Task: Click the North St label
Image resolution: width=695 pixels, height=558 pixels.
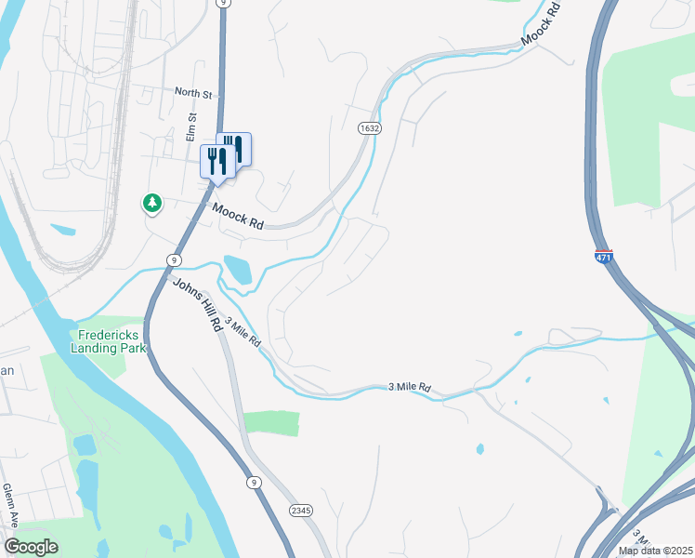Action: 194,93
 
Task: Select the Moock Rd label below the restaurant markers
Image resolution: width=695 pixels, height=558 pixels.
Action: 238,218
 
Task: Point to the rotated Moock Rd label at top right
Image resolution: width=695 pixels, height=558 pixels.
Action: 542,23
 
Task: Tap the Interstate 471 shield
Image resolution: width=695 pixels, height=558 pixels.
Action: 605,256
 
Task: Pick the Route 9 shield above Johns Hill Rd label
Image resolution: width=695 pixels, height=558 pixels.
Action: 174,259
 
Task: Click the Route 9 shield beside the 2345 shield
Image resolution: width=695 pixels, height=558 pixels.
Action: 253,482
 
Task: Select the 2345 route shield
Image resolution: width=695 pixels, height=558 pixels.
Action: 299,511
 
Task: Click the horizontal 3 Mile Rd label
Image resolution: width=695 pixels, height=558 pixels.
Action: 410,386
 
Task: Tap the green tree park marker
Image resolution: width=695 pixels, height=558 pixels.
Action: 151,203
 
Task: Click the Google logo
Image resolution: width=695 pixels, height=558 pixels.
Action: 32,547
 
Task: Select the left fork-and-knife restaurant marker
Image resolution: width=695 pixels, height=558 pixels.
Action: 216,161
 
